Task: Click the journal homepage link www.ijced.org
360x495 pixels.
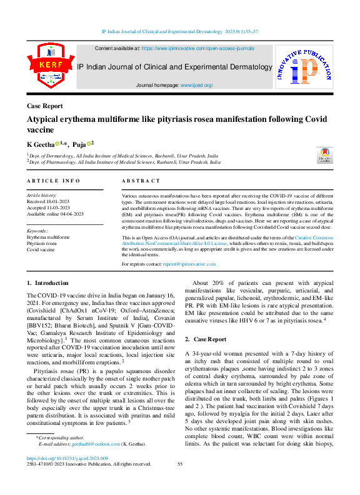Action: pos(197,84)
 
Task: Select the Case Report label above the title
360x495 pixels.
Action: pos(45,106)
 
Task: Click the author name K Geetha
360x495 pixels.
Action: pos(39,144)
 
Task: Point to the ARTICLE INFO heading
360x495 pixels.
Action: pos(54,181)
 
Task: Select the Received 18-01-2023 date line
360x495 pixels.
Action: pos(48,202)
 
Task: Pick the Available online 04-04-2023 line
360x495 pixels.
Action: pos(56,214)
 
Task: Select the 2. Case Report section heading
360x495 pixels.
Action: pos(206,339)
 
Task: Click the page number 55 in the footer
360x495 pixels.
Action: pos(180,464)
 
